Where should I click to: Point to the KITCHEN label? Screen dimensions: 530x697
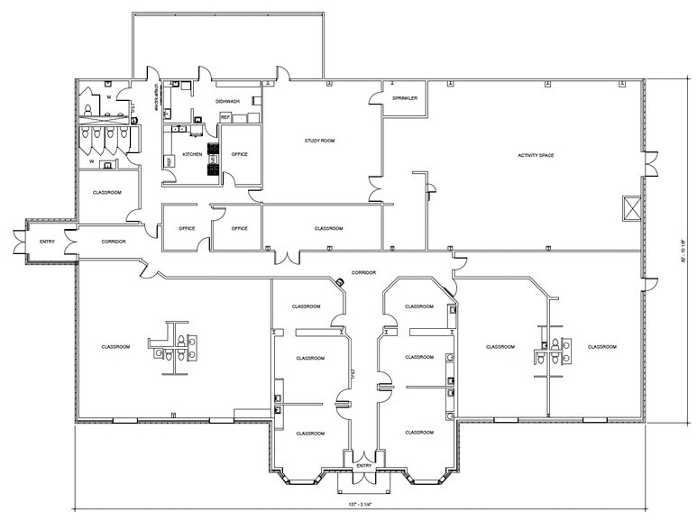point(193,154)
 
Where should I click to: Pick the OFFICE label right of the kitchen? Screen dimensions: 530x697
point(240,154)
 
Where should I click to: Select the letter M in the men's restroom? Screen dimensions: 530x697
point(108,96)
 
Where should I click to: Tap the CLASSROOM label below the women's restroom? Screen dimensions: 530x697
point(106,192)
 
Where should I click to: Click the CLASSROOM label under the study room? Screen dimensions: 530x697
point(328,228)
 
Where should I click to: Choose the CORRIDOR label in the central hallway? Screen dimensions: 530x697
point(362,271)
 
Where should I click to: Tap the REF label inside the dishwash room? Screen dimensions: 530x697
point(225,117)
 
